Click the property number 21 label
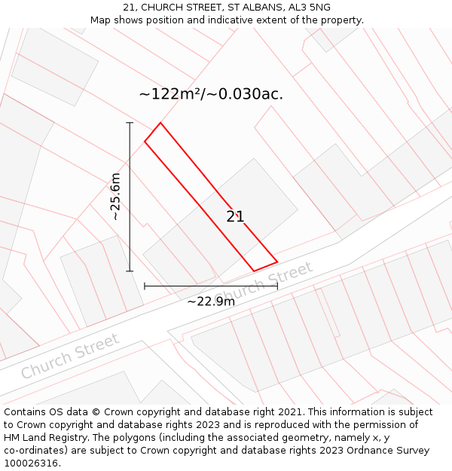pyautogui.click(x=235, y=217)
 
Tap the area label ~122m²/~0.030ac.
pyautogui.click(x=211, y=94)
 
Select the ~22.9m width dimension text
pyautogui.click(x=211, y=301)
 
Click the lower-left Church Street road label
pyautogui.click(x=69, y=356)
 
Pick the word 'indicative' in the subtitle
pyautogui.click(x=234, y=20)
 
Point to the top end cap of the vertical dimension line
pyautogui.click(x=130, y=122)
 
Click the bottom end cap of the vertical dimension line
pyautogui.click(x=130, y=271)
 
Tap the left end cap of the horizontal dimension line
pyautogui.click(x=145, y=286)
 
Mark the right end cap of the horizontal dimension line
pyautogui.click(x=277, y=286)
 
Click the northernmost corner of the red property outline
pyautogui.click(x=160, y=123)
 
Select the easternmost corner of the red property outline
pyautogui.click(x=277, y=262)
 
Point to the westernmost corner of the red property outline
pyautogui.click(x=145, y=141)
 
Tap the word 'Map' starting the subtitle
pyautogui.click(x=101, y=20)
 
